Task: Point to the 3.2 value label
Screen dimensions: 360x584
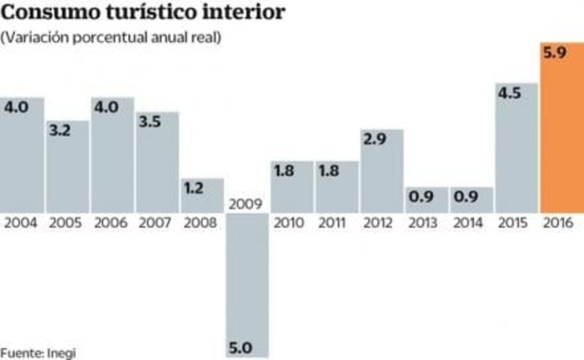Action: point(60,131)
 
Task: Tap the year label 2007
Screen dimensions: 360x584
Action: point(156,223)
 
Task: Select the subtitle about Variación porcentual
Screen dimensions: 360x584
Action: point(111,38)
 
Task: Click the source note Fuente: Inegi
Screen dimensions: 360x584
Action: point(38,352)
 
